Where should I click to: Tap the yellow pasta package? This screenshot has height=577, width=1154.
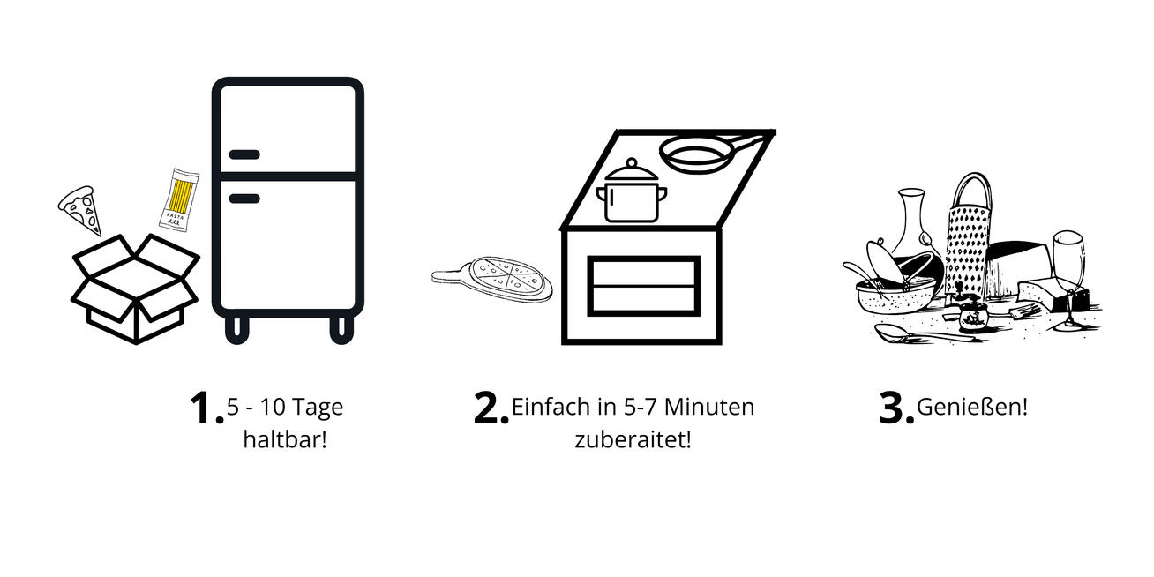[179, 200]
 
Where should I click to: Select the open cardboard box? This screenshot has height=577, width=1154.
[135, 288]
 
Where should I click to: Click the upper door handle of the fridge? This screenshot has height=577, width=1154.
[244, 154]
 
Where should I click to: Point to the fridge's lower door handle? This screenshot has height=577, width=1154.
[244, 199]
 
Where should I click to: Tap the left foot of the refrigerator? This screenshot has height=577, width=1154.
[237, 330]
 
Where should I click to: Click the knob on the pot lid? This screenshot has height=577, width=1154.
[632, 163]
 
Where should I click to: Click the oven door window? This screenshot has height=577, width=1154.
[643, 286]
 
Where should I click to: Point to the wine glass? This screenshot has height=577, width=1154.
[1069, 281]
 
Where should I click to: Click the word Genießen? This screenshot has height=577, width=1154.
[972, 407]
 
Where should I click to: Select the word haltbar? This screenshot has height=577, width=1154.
[285, 439]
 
